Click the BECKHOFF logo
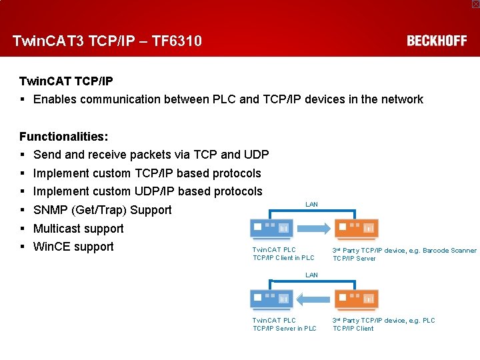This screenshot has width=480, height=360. coord(437,41)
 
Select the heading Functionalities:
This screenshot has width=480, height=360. coord(63,137)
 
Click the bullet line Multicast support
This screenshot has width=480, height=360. coord(78,229)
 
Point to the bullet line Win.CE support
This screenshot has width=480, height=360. coord(73,247)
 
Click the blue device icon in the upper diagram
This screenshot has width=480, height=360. coord(271,229)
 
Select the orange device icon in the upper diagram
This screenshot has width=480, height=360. coord(356,229)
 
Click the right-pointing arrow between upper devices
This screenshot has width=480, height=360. coord(313,229)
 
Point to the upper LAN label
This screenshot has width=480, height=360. coord(311,204)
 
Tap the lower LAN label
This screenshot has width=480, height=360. coord(311,275)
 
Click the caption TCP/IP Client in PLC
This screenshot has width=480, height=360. coord(283,258)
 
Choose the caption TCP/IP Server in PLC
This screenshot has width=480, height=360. coord(285,328)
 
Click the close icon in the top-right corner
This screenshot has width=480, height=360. coord(475,4)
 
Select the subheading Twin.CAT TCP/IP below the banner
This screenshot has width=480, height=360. coord(66,81)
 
